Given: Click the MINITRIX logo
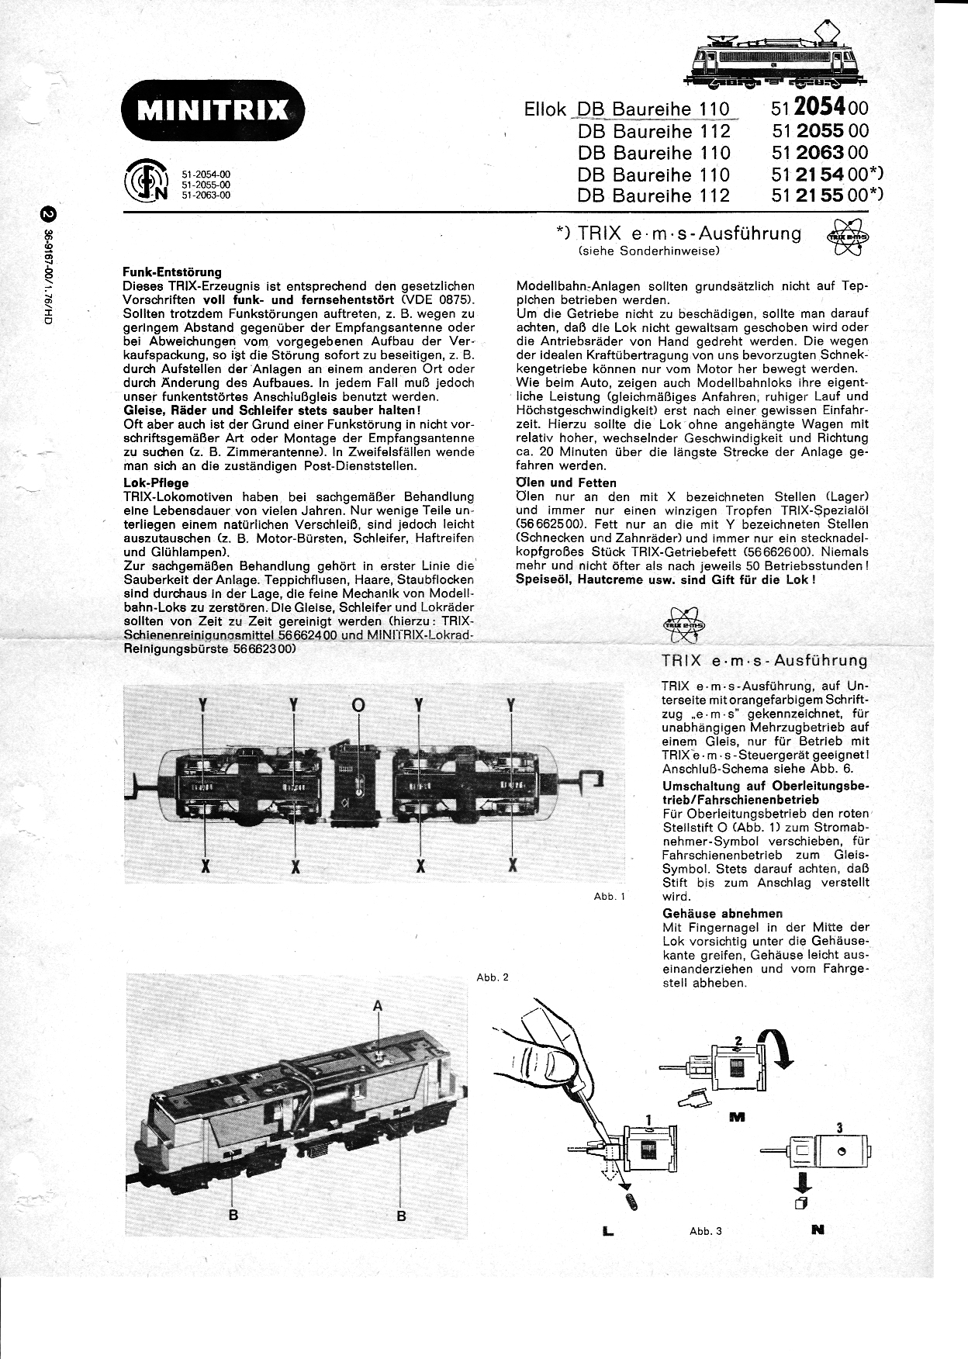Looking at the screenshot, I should click(213, 109).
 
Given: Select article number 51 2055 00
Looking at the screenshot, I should click(821, 130).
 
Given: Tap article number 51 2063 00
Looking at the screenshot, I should click(821, 152).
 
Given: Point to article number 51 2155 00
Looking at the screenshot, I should click(827, 195).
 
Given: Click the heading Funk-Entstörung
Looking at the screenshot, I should click(172, 272).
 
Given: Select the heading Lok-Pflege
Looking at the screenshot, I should click(156, 482).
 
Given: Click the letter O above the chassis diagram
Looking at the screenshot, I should click(358, 705).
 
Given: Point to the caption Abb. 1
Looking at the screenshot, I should click(609, 896).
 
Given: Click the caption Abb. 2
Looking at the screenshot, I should click(493, 977).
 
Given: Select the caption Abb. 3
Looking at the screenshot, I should click(706, 1231).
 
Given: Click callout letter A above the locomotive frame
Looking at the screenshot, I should click(378, 1006).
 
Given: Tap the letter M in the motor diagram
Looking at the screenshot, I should click(737, 1118).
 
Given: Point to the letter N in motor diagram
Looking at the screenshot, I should click(818, 1229).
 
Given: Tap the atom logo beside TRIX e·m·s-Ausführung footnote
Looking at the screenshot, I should click(843, 237).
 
